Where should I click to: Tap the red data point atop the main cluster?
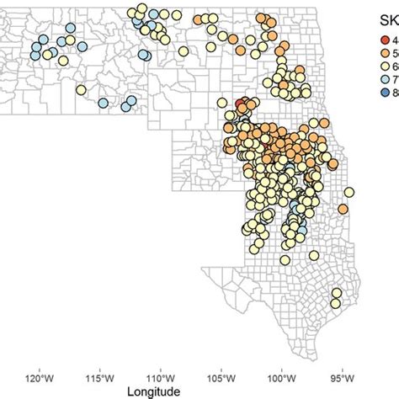click(241, 104)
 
